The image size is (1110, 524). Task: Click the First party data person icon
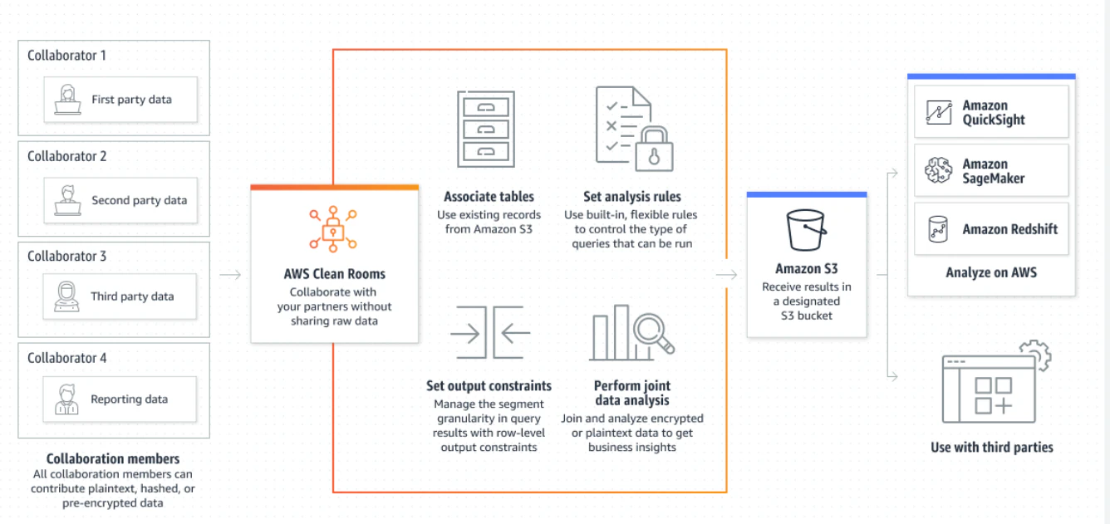(67, 100)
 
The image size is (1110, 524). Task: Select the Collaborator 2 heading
(67, 156)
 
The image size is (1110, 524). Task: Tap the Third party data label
(132, 296)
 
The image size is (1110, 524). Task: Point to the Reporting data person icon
(67, 399)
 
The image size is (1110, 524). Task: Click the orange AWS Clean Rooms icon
(333, 229)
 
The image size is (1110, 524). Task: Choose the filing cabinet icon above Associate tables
(485, 130)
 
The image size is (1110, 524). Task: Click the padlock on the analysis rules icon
(654, 149)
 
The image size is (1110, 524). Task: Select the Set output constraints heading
(489, 386)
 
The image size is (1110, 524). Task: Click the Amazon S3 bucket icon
(806, 230)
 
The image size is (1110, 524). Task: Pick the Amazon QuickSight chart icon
(939, 112)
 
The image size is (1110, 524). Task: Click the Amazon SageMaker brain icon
(938, 170)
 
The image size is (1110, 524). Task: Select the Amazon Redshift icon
(937, 229)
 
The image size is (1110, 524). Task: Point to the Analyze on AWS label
(991, 272)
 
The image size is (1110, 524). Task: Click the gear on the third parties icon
(1037, 354)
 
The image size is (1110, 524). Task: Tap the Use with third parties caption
(991, 448)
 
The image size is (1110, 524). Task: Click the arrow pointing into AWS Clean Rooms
(230, 274)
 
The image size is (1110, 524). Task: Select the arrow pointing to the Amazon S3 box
(727, 274)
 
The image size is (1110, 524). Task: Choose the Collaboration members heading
(113, 458)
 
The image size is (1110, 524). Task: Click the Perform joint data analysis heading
(631, 393)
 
